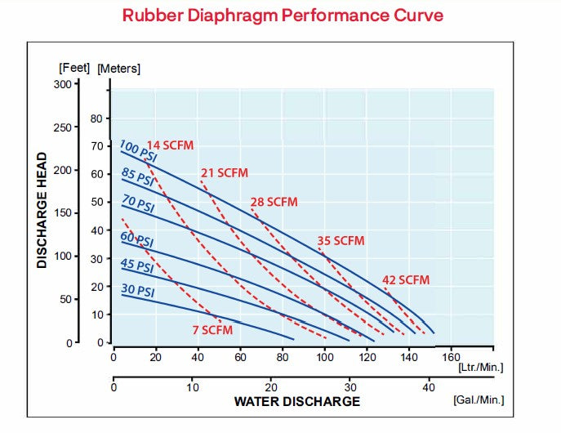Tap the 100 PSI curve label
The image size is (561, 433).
pos(138,153)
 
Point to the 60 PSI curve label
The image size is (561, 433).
pos(137,240)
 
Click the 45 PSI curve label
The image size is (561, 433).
pos(137,266)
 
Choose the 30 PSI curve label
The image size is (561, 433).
pos(137,290)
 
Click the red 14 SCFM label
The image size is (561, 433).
pos(170,145)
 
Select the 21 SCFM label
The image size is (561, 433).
pos(224,173)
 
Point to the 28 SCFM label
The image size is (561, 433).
pos(274,202)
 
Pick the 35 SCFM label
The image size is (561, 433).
pos(341,241)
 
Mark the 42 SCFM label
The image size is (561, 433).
pos(405,280)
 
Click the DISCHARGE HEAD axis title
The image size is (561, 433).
pos(42,210)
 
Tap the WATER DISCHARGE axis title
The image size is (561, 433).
pos(296,401)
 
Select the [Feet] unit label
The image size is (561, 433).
pos(74,68)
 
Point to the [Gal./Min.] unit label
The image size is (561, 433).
pos(479,400)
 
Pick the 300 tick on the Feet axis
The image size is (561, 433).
pos(63,83)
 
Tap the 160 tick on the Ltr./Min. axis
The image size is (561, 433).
pos(452,357)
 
